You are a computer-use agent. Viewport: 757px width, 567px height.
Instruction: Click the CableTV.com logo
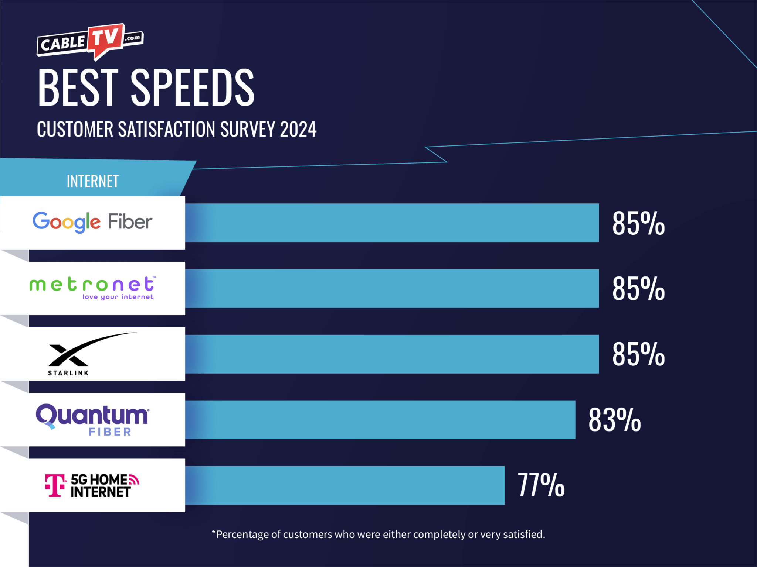(90, 42)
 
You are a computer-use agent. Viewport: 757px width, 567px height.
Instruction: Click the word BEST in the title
(78, 88)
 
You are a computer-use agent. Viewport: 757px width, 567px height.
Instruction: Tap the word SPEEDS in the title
(192, 88)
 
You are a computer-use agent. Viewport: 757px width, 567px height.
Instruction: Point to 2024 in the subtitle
(298, 130)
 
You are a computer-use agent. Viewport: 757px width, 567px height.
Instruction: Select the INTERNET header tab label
(92, 181)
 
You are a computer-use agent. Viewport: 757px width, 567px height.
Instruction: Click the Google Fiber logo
(92, 222)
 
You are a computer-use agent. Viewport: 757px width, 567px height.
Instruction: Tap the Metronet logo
(92, 288)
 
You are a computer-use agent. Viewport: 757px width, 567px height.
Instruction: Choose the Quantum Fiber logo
(92, 420)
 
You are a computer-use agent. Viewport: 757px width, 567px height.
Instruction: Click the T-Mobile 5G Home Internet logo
(92, 485)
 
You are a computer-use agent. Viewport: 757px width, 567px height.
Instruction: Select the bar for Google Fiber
(392, 223)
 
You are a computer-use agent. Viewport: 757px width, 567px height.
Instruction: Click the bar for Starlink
(392, 354)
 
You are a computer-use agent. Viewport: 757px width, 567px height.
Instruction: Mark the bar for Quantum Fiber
(381, 420)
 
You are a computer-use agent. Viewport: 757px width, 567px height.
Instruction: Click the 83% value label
(614, 420)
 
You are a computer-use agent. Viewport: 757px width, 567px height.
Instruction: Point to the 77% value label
(541, 485)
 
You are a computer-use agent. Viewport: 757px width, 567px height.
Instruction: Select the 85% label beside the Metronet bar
(638, 289)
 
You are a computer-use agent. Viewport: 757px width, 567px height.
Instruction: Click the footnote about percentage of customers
(378, 534)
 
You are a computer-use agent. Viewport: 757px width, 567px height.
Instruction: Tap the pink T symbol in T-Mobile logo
(55, 485)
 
